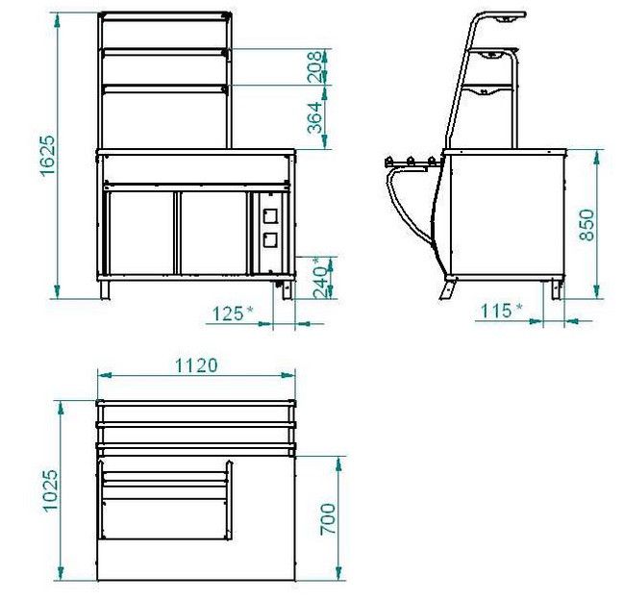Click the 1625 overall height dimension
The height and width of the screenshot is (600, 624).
coord(47,155)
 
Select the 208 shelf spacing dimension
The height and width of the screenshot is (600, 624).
coord(314,67)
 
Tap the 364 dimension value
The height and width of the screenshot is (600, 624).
coord(314,117)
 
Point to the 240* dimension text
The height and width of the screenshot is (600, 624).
coord(321,277)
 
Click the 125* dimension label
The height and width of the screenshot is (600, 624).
coord(233,313)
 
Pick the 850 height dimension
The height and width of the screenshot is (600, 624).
coord(587,225)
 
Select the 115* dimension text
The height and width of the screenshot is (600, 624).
coord(502,311)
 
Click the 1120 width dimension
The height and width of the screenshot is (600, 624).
coord(196,365)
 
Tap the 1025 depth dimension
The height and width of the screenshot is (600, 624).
coord(51,490)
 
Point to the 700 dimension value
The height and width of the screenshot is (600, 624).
coord(328,519)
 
